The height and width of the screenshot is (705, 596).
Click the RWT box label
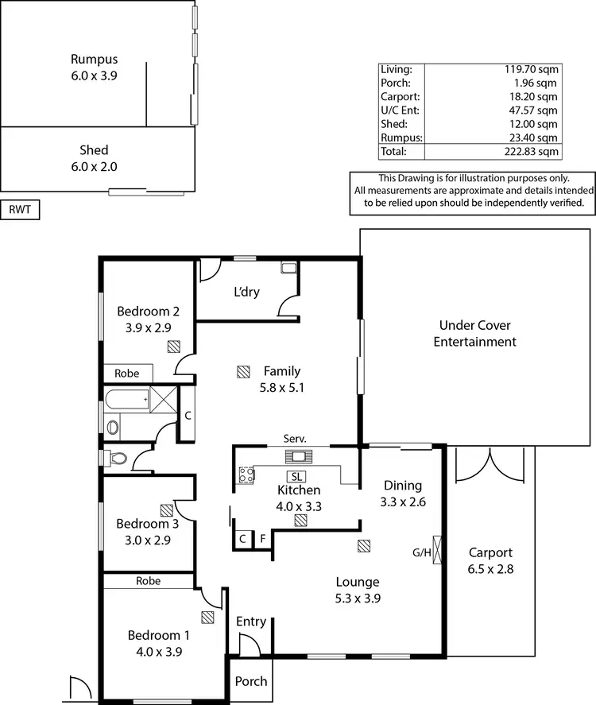pyautogui.click(x=20, y=210)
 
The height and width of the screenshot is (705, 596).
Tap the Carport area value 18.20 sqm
pyautogui.click(x=534, y=96)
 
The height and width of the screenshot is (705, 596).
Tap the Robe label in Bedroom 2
pyautogui.click(x=126, y=373)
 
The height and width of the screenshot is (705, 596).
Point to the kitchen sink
pyautogui.click(x=300, y=456)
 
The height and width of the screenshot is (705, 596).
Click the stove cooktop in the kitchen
pyautogui.click(x=246, y=475)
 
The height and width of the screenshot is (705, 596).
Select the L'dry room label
pyautogui.click(x=248, y=292)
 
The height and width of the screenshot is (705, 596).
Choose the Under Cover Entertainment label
pyautogui.click(x=475, y=334)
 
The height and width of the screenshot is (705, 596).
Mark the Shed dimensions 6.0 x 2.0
pyautogui.click(x=94, y=167)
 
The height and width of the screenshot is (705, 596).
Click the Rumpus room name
pyautogui.click(x=94, y=59)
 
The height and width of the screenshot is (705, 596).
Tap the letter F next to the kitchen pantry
pyautogui.click(x=262, y=539)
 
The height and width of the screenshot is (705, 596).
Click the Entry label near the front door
pyautogui.click(x=251, y=622)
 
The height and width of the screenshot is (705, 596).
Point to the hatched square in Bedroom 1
pyautogui.click(x=208, y=616)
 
